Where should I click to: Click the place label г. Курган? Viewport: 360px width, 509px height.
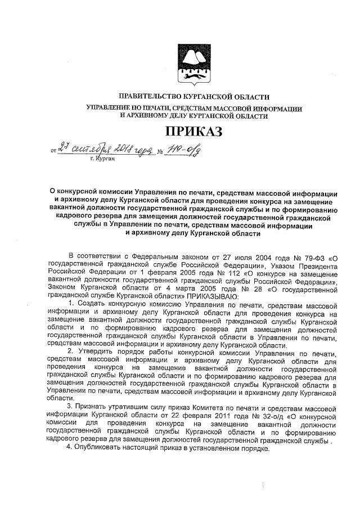[x=102, y=160]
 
